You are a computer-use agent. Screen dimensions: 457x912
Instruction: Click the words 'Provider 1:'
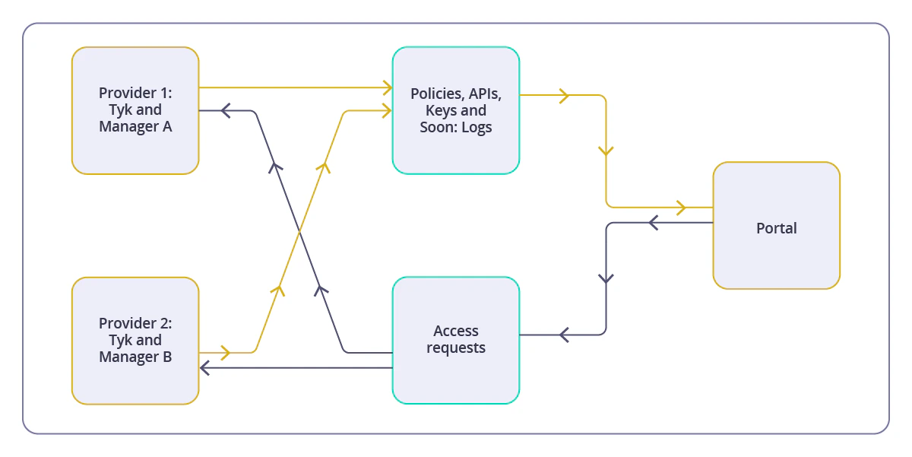[135, 93]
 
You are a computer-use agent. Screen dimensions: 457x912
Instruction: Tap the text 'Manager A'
[135, 126]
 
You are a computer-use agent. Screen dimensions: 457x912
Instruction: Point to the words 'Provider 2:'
[135, 323]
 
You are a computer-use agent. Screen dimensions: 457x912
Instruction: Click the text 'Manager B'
[135, 357]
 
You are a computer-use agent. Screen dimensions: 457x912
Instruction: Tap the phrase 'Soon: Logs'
[456, 127]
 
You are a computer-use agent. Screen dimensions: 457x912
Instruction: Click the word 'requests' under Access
[456, 348]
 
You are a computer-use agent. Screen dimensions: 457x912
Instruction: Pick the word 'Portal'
[776, 228]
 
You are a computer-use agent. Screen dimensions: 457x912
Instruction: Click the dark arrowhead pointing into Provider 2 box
[204, 368]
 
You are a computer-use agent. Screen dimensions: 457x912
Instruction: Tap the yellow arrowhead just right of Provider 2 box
[224, 352]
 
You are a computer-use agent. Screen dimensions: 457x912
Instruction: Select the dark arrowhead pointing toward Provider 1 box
[225, 111]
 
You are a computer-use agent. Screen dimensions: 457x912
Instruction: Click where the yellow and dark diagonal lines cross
[300, 230]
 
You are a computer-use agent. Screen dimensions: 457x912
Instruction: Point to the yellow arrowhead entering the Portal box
[680, 207]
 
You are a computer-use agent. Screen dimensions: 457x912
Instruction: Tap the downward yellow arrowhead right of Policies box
[606, 151]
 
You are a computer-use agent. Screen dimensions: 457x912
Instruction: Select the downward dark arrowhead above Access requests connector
[606, 278]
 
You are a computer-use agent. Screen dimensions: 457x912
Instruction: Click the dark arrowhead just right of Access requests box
[564, 335]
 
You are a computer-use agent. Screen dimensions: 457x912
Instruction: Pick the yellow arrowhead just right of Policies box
[564, 96]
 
